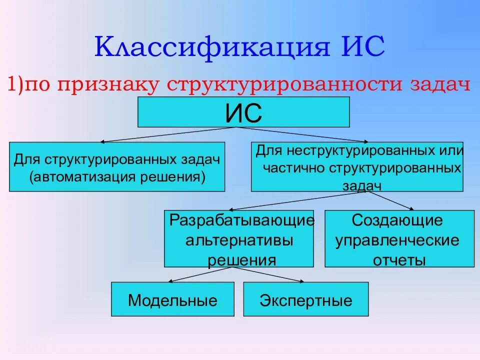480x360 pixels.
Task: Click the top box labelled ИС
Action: tap(243, 112)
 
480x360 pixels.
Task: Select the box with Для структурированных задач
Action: tap(117, 166)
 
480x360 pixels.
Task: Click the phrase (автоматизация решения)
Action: tap(117, 177)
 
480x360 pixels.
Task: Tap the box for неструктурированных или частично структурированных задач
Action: tap(356, 166)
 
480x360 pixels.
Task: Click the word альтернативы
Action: tap(239, 240)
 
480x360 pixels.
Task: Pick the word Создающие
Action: tap(397, 220)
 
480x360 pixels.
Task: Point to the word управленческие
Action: tap(397, 240)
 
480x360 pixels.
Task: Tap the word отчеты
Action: tap(398, 260)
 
